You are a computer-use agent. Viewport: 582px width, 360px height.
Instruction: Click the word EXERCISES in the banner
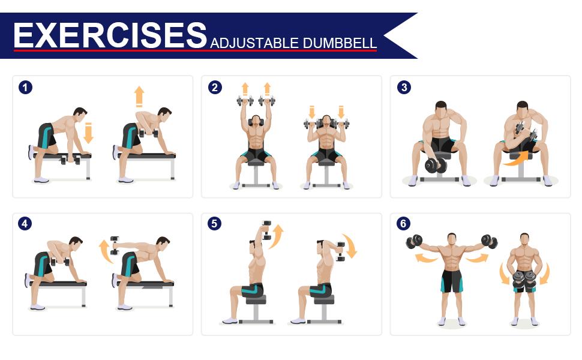click(x=110, y=35)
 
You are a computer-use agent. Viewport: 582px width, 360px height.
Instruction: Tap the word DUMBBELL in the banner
click(x=340, y=43)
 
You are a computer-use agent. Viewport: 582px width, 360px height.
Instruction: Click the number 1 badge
click(x=25, y=88)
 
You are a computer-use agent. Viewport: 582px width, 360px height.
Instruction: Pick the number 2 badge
click(x=215, y=88)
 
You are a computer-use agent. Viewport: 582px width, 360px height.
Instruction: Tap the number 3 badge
click(x=404, y=88)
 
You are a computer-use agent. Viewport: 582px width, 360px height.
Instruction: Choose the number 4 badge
click(x=25, y=224)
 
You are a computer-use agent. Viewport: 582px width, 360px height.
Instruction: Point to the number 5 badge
click(x=215, y=224)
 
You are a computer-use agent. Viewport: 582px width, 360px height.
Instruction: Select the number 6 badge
click(x=403, y=224)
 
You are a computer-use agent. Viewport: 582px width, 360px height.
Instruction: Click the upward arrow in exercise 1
click(x=139, y=97)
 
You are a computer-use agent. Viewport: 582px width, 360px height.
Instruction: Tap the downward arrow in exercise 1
click(x=88, y=133)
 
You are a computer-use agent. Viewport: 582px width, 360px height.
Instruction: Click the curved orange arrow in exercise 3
click(x=517, y=158)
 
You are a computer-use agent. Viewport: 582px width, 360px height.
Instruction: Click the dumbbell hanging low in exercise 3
click(x=435, y=166)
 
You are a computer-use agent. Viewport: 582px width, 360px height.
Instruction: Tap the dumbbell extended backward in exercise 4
click(x=115, y=245)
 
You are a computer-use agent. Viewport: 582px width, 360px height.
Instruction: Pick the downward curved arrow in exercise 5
click(x=350, y=245)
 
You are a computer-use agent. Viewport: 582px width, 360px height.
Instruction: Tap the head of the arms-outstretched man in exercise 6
click(x=452, y=239)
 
